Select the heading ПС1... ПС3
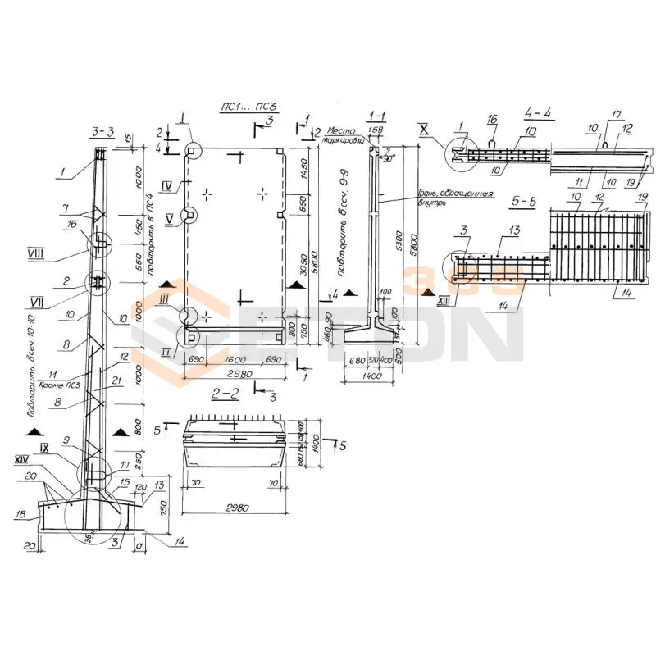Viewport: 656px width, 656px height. coord(247,107)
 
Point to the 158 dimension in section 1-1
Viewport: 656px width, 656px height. coord(376,129)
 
